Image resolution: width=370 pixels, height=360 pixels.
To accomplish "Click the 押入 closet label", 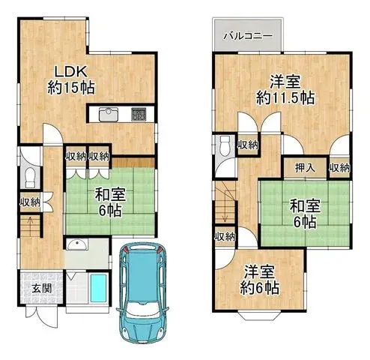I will pyautogui.click(x=303, y=169).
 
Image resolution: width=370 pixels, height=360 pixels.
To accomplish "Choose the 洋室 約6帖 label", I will pyautogui.click(x=259, y=280).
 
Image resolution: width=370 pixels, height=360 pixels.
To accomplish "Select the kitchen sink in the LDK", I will pyautogui.click(x=106, y=115).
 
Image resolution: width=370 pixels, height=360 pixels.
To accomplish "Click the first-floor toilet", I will pyautogui.click(x=30, y=177).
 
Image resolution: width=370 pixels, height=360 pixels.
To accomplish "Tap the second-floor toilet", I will pyautogui.click(x=225, y=147).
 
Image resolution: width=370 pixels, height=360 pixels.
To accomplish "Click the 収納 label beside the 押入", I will pyautogui.click(x=339, y=169).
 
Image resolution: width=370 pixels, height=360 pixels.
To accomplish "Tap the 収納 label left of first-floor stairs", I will pyautogui.click(x=30, y=201).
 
